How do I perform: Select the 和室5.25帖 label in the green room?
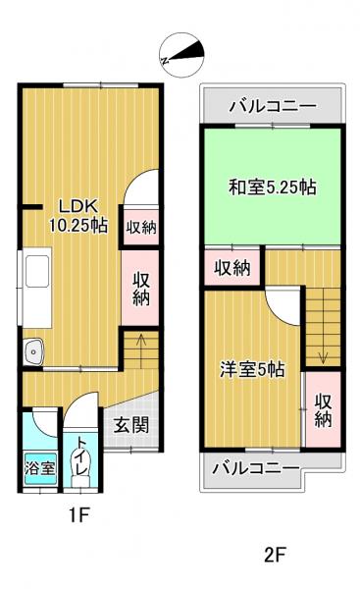(x=272, y=186)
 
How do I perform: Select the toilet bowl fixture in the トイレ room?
(x=81, y=477)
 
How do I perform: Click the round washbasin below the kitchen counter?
(x=34, y=350)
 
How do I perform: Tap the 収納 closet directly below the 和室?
(x=233, y=267)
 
